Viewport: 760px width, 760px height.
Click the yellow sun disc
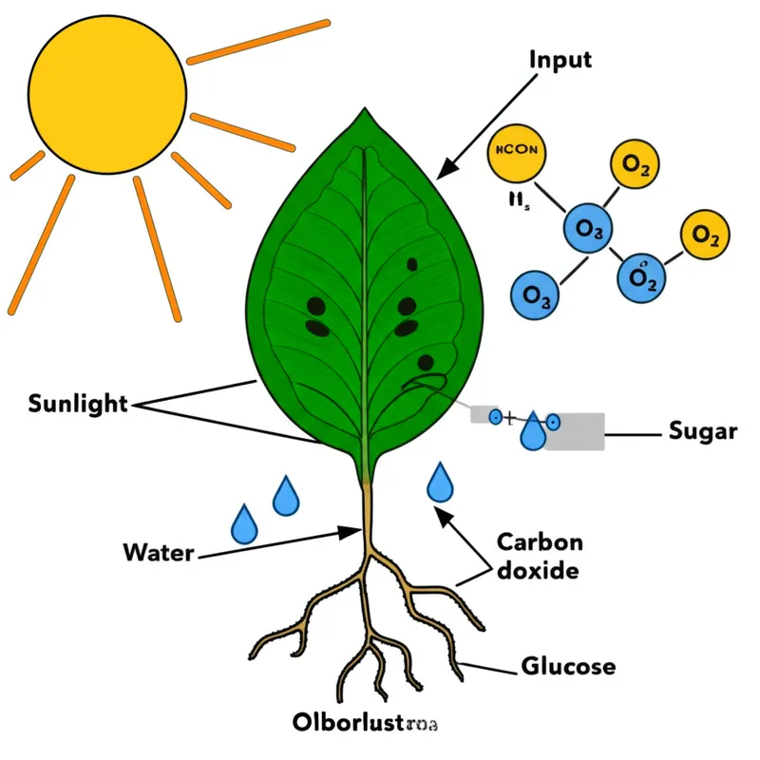point(106,95)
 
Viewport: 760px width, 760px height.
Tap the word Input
point(560,59)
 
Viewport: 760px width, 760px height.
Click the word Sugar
point(703,432)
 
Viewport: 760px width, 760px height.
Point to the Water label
point(158,551)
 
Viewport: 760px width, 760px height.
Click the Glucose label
point(568,666)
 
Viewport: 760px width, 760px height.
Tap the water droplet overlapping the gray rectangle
point(532,431)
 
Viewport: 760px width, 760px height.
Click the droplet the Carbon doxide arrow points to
point(440,482)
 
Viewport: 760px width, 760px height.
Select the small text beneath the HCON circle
point(506,202)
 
